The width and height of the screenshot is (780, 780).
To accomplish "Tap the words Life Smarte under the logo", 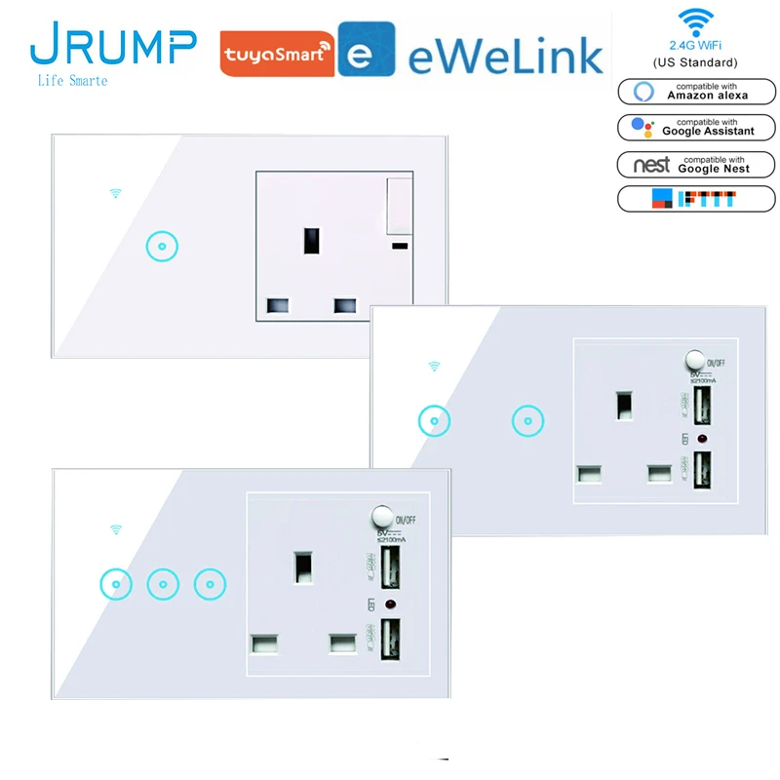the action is pos(70,80).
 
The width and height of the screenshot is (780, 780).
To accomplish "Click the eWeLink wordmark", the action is pos(504,55).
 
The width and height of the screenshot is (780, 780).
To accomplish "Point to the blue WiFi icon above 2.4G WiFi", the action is pos(695,21).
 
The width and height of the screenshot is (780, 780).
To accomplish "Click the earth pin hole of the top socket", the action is pos(312,238).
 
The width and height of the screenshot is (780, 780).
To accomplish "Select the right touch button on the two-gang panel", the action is pos(526,421).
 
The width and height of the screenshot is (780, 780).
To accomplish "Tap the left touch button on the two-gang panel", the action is pos(434,421).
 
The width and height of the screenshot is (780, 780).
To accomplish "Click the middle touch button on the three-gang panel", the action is pos(162,584).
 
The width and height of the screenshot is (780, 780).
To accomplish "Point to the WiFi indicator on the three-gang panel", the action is pos(116,529).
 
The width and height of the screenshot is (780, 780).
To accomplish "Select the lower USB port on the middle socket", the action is pos(700,466).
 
